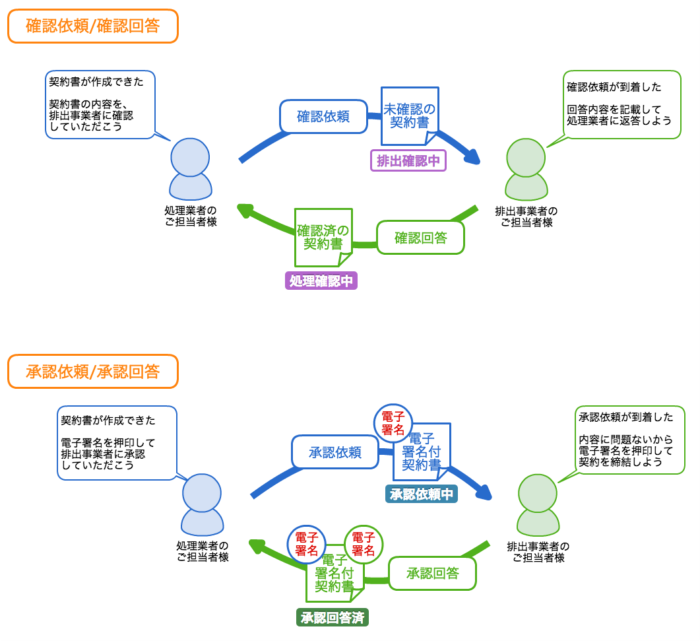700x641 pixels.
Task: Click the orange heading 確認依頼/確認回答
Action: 93,26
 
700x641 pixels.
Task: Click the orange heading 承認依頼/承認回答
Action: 93,372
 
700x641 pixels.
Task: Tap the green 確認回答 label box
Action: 420,238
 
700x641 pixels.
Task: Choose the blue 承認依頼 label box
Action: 335,452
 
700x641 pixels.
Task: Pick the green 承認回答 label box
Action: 432,573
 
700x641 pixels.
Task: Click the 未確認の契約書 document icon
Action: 410,116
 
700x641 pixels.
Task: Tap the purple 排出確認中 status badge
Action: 408,160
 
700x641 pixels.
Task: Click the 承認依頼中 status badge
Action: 422,494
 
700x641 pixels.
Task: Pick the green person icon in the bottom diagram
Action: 538,505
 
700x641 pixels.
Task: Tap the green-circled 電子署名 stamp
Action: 363,543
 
